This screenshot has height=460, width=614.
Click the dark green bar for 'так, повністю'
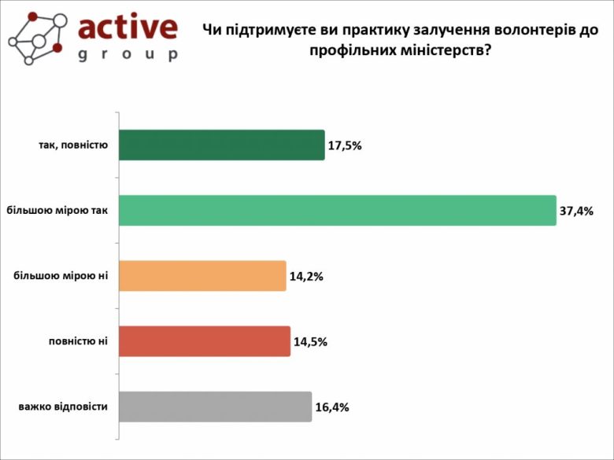point(221,145)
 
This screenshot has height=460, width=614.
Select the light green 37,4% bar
point(337,211)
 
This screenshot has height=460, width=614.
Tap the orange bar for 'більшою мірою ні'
point(202,276)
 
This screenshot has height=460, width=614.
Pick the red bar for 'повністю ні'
point(205,341)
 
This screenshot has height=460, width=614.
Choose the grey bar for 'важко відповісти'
point(215,407)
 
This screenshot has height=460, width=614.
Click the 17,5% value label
point(346,145)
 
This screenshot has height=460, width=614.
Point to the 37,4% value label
point(577,211)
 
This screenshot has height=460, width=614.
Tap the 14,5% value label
point(311,342)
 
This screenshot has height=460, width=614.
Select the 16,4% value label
point(332,407)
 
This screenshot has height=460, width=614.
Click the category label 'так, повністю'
point(72,145)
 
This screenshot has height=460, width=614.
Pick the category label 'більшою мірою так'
point(57,211)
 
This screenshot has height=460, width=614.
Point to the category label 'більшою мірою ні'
point(61,276)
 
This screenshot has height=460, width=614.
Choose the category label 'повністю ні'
point(78,341)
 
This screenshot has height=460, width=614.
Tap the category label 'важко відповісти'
point(63,407)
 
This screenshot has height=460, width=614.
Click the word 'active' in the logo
point(128,28)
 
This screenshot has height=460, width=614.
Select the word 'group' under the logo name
point(128,55)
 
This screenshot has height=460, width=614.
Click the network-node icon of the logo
point(37,37)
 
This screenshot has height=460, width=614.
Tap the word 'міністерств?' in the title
point(447,49)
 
